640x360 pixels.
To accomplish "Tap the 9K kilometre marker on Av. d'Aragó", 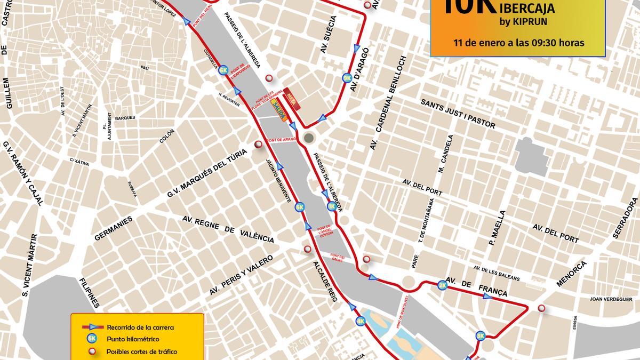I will (347, 78).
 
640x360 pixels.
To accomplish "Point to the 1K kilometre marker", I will (332, 206).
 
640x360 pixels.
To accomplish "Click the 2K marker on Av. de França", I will (442, 285).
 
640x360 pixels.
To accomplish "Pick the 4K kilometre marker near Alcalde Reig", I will (361, 321).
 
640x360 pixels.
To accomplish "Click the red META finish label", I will (292, 98).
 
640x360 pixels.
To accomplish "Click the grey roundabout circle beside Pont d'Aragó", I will (308, 139).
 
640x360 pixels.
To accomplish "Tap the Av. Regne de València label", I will (228, 230).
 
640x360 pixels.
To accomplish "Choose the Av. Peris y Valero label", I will (241, 277).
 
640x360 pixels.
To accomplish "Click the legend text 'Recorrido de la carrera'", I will (140, 327).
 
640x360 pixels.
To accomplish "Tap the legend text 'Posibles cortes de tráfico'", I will (142, 351).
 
